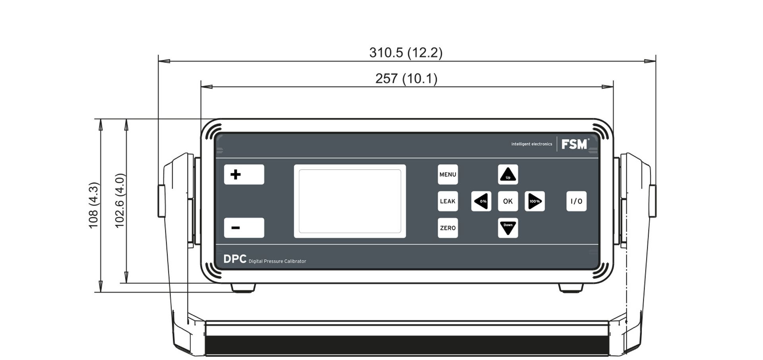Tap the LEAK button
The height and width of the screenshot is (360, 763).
(x=447, y=201)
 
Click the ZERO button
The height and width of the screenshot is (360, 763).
(x=447, y=228)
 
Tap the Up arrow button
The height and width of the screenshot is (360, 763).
(x=508, y=174)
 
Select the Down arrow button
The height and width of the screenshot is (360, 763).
(x=508, y=228)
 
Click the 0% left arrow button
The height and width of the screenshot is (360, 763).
(x=481, y=201)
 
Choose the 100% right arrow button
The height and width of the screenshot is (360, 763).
(x=534, y=201)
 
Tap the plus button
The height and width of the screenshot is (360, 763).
(x=244, y=174)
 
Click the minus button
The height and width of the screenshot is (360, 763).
(x=244, y=228)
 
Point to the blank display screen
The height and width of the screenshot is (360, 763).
(x=350, y=201)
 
